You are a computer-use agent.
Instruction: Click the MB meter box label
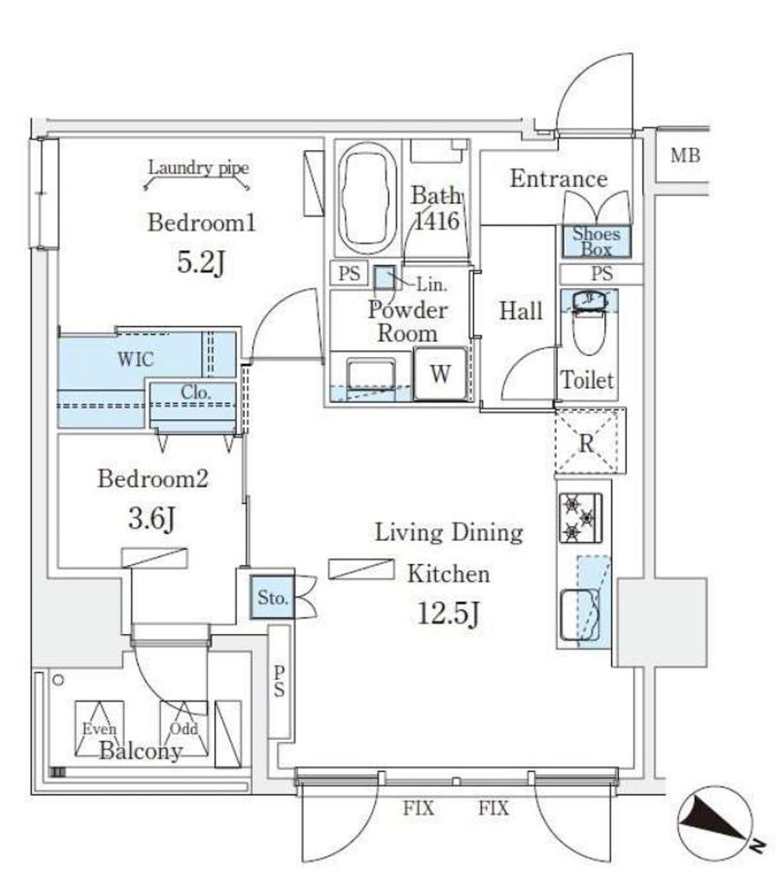tap(685, 156)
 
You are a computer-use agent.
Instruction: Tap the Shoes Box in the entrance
tap(596, 241)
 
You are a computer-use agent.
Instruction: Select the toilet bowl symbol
tap(589, 330)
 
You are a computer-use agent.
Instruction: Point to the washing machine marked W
tap(440, 374)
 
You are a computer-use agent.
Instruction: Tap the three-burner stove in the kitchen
tap(581, 518)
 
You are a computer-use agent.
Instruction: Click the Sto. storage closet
tap(272, 598)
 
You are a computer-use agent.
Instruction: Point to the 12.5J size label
tap(448, 616)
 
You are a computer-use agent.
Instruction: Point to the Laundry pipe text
tap(198, 167)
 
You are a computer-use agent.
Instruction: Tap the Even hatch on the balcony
tap(96, 727)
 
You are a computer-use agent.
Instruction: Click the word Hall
tap(521, 311)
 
